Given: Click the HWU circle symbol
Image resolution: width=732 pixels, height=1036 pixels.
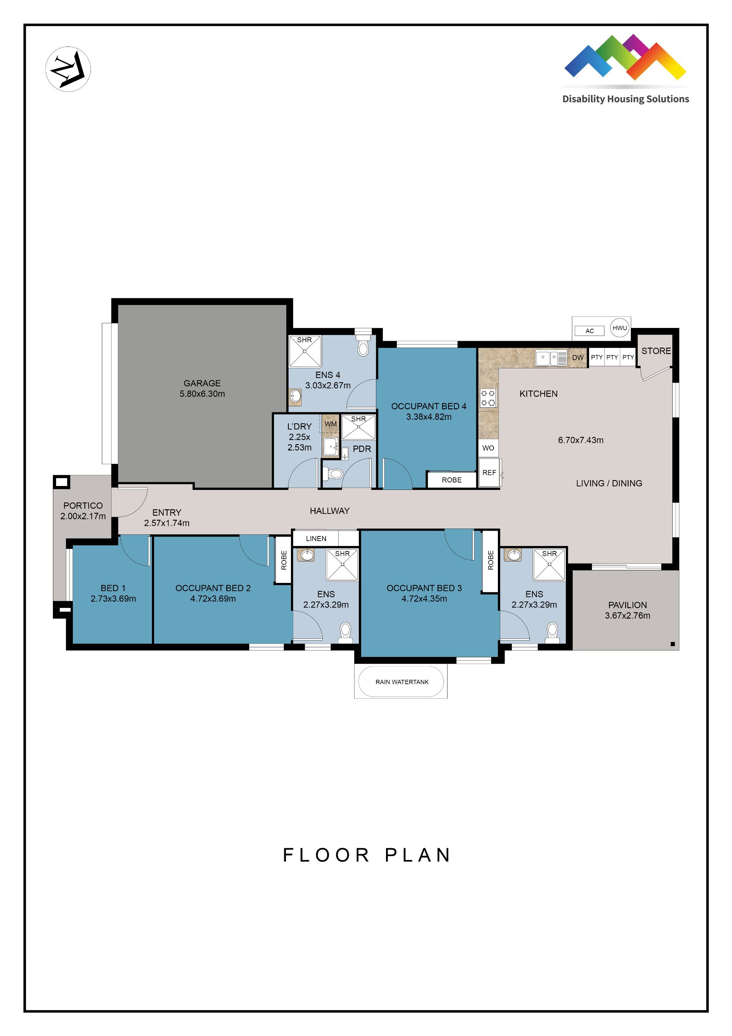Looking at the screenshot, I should coord(619,328).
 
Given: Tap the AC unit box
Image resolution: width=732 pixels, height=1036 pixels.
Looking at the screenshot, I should coord(589,331).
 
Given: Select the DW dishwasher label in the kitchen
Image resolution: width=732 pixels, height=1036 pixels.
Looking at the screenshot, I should coord(577,357).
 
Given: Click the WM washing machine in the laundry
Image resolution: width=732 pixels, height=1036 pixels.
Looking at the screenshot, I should coord(330,424).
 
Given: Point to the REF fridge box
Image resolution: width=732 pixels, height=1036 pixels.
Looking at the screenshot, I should coord(489,472).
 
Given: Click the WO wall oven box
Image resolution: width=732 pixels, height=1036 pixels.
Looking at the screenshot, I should coord(488,448).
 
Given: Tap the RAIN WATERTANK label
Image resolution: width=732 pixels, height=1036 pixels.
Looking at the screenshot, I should coord(401,682).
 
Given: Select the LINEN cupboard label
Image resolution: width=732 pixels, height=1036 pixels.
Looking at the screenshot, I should coord(316,538).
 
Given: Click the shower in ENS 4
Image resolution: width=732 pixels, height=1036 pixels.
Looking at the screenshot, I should coord(305,351).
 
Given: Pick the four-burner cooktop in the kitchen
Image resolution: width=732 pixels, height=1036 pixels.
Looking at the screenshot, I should coord(488,398).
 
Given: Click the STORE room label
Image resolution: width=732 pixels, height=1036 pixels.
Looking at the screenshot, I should coord(656,350).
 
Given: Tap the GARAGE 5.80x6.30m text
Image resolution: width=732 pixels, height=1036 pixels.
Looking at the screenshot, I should coord(202,388).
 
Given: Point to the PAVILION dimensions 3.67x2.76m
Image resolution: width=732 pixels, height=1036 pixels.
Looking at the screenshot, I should coord(627,615).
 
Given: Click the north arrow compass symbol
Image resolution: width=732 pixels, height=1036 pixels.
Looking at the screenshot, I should coord(68,69).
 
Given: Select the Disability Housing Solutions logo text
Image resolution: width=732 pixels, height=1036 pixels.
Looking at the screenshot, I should coord(625,99).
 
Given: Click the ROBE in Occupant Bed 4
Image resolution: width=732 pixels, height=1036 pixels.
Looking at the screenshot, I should coord(451,480).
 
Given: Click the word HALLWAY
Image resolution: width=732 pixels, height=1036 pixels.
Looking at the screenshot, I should coord(329,511).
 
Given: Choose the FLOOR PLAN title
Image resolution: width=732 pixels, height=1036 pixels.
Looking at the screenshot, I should coord(366,855).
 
